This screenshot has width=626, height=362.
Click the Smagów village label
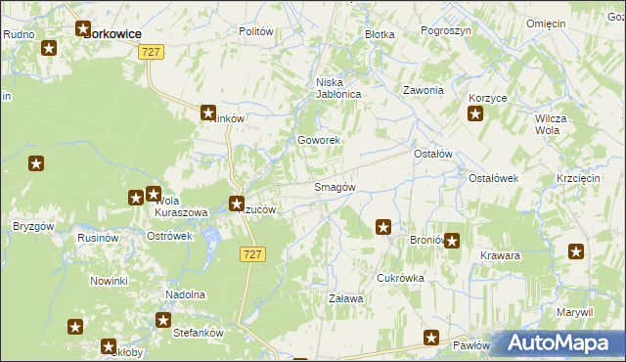tap(334, 187)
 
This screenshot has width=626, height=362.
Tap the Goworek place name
tap(319, 140)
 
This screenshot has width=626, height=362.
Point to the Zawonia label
tap(424, 90)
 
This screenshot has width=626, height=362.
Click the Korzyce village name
tap(487, 99)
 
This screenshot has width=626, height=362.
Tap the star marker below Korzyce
tap(475, 115)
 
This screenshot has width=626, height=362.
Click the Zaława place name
tap(345, 298)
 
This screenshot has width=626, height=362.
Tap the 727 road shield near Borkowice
tap(150, 53)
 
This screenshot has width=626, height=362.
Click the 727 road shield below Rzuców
tap(251, 253)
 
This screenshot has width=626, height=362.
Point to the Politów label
tap(255, 31)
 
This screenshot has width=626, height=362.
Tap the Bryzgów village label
tap(32, 226)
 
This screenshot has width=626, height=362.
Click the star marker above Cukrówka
tap(383, 228)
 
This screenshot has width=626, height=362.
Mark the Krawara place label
tap(500, 255)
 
